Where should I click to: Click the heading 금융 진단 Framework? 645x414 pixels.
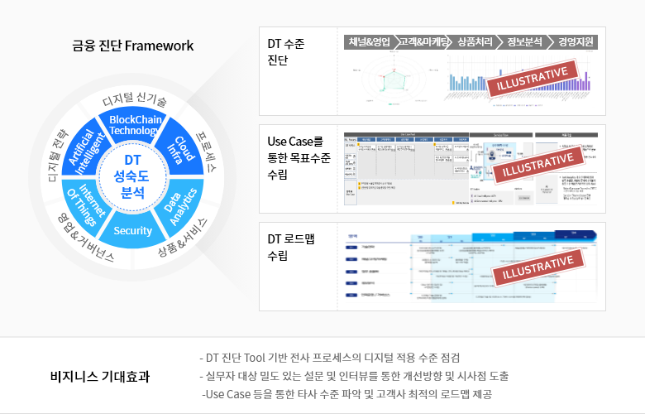tap(132, 46)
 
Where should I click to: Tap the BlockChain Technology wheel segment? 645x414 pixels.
tap(135, 125)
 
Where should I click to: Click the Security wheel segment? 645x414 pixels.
tap(133, 231)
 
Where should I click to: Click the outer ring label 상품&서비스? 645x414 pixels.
tap(184, 240)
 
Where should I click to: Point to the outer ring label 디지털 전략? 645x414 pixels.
tap(59, 156)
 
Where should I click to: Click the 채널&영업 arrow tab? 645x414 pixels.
tap(369, 41)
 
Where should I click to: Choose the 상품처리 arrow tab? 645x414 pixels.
tap(474, 41)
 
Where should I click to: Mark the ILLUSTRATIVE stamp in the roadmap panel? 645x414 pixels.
tap(534, 268)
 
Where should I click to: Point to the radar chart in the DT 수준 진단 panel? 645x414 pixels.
tap(394, 84)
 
